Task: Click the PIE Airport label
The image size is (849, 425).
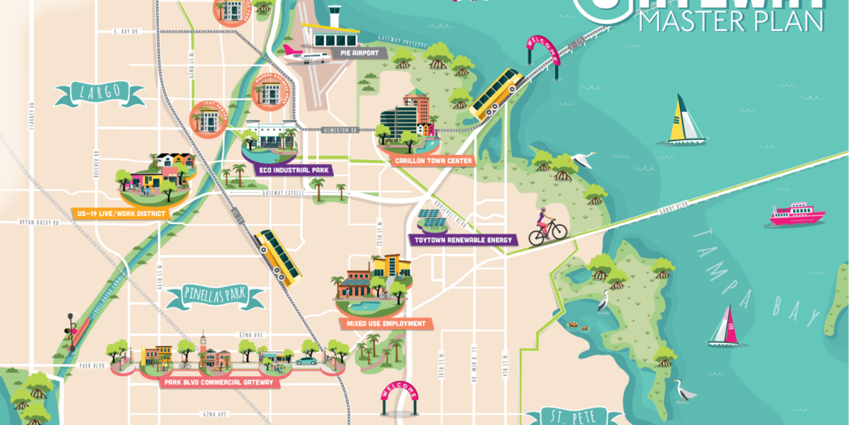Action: click(x=361, y=53)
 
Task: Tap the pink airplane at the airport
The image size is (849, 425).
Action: click(x=306, y=52)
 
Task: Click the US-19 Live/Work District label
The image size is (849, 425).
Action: click(x=119, y=213)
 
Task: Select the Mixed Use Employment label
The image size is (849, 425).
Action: click(x=386, y=324)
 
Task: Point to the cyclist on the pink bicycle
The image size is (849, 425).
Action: click(x=546, y=226)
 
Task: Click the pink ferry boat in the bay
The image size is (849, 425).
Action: click(x=797, y=215)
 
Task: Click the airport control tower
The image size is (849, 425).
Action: click(x=334, y=15)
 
